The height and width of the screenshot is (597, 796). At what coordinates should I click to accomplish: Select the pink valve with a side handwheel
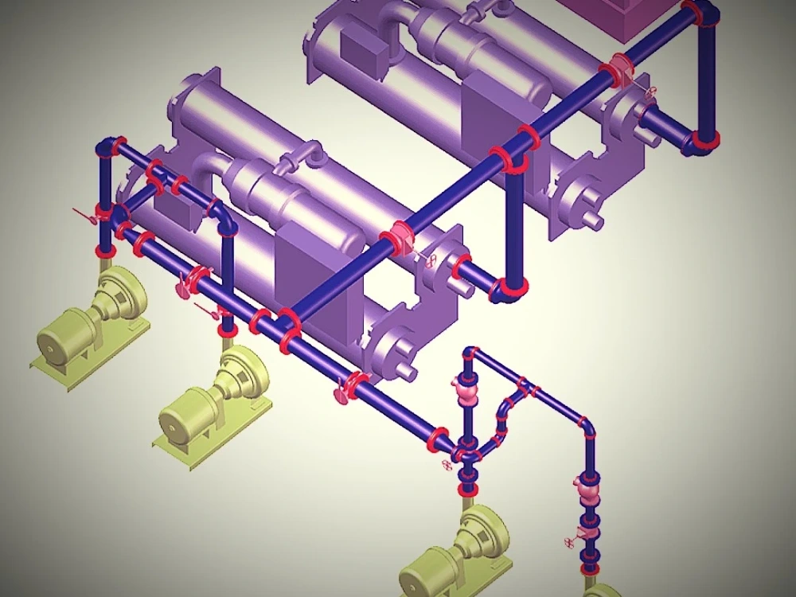pos(587,525)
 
